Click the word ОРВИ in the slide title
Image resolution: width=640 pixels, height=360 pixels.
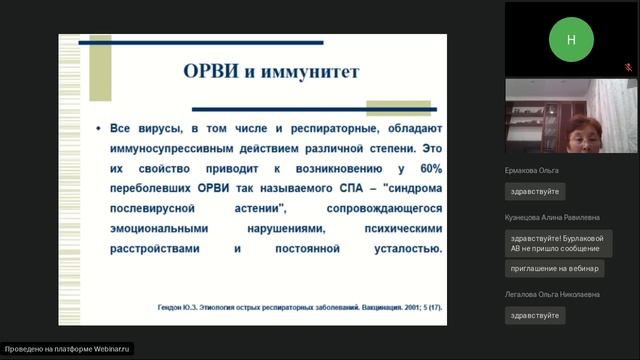(213, 72)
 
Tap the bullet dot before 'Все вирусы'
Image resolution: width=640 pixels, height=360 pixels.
(98, 130)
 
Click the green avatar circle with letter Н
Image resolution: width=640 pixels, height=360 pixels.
(571, 39)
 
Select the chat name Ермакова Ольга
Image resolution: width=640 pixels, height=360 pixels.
(532, 170)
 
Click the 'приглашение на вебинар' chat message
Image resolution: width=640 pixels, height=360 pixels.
(555, 269)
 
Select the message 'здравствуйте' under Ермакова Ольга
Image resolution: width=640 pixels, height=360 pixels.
(535, 191)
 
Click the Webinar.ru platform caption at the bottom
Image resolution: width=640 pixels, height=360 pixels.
(67, 350)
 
